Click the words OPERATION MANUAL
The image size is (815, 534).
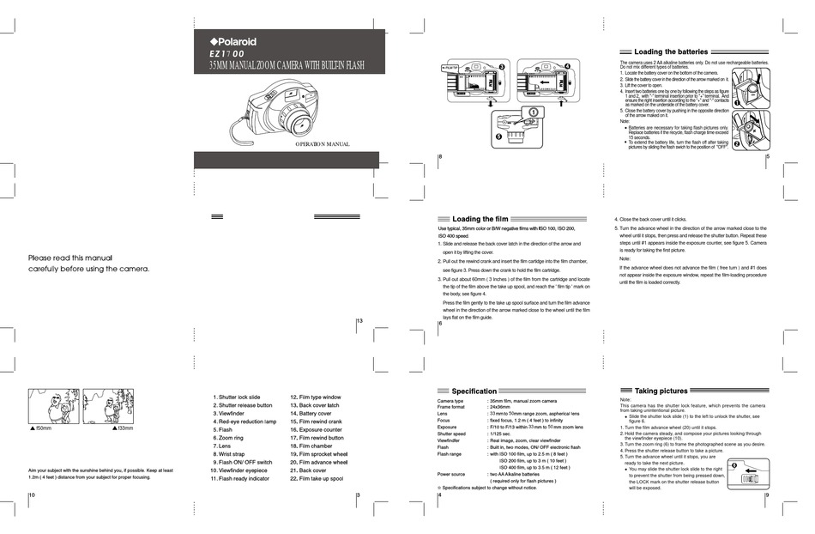click(x=323, y=143)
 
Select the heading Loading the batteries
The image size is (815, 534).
click(x=671, y=52)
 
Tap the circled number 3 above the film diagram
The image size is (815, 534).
click(x=502, y=65)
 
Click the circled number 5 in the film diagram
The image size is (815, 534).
click(x=497, y=136)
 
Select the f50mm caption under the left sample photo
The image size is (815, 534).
click(x=40, y=427)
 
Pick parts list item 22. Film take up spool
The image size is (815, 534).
click(x=316, y=478)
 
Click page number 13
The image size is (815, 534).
click(x=359, y=321)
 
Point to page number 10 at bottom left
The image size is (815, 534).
click(x=32, y=495)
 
